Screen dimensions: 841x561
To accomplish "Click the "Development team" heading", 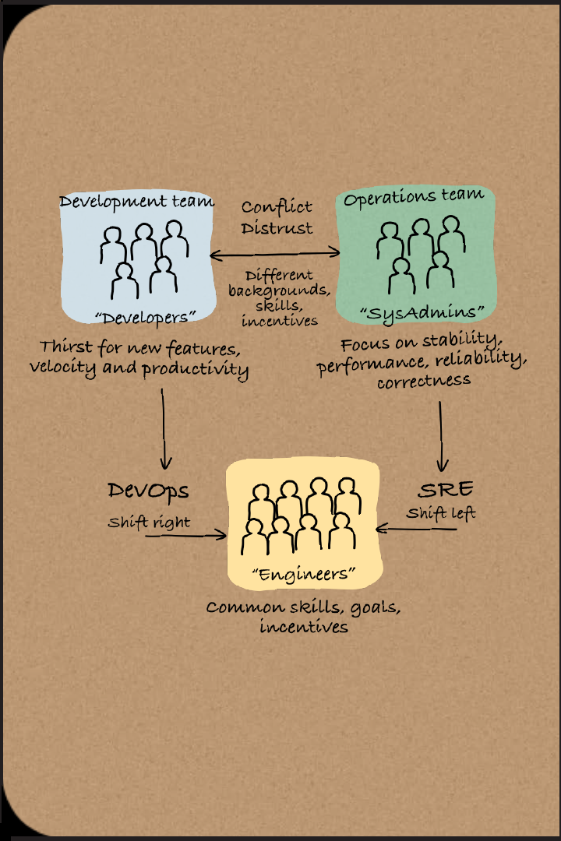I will click(x=136, y=202).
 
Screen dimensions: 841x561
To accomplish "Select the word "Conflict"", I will click(x=277, y=207).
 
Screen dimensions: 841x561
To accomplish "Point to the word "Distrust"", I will click(x=277, y=227).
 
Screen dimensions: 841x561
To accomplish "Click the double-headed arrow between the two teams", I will click(x=275, y=252).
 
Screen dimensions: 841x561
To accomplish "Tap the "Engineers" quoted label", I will click(x=304, y=574).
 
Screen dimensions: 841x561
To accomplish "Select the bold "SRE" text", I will click(x=446, y=491).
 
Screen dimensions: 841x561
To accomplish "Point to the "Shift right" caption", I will click(x=148, y=522).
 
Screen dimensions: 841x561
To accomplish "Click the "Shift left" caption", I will click(x=440, y=514).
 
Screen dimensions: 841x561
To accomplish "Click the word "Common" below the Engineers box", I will click(x=237, y=607).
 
